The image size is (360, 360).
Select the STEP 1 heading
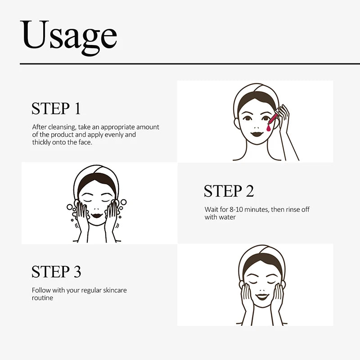coord(56,108)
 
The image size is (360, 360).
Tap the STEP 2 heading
coord(229,191)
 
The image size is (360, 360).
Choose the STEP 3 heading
coord(56,272)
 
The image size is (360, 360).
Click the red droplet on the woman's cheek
coord(269,128)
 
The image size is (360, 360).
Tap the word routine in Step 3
coord(42,298)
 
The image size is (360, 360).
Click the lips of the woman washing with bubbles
coord(96,216)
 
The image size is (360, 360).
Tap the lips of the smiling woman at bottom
coord(262,297)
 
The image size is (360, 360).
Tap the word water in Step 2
coord(227,217)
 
